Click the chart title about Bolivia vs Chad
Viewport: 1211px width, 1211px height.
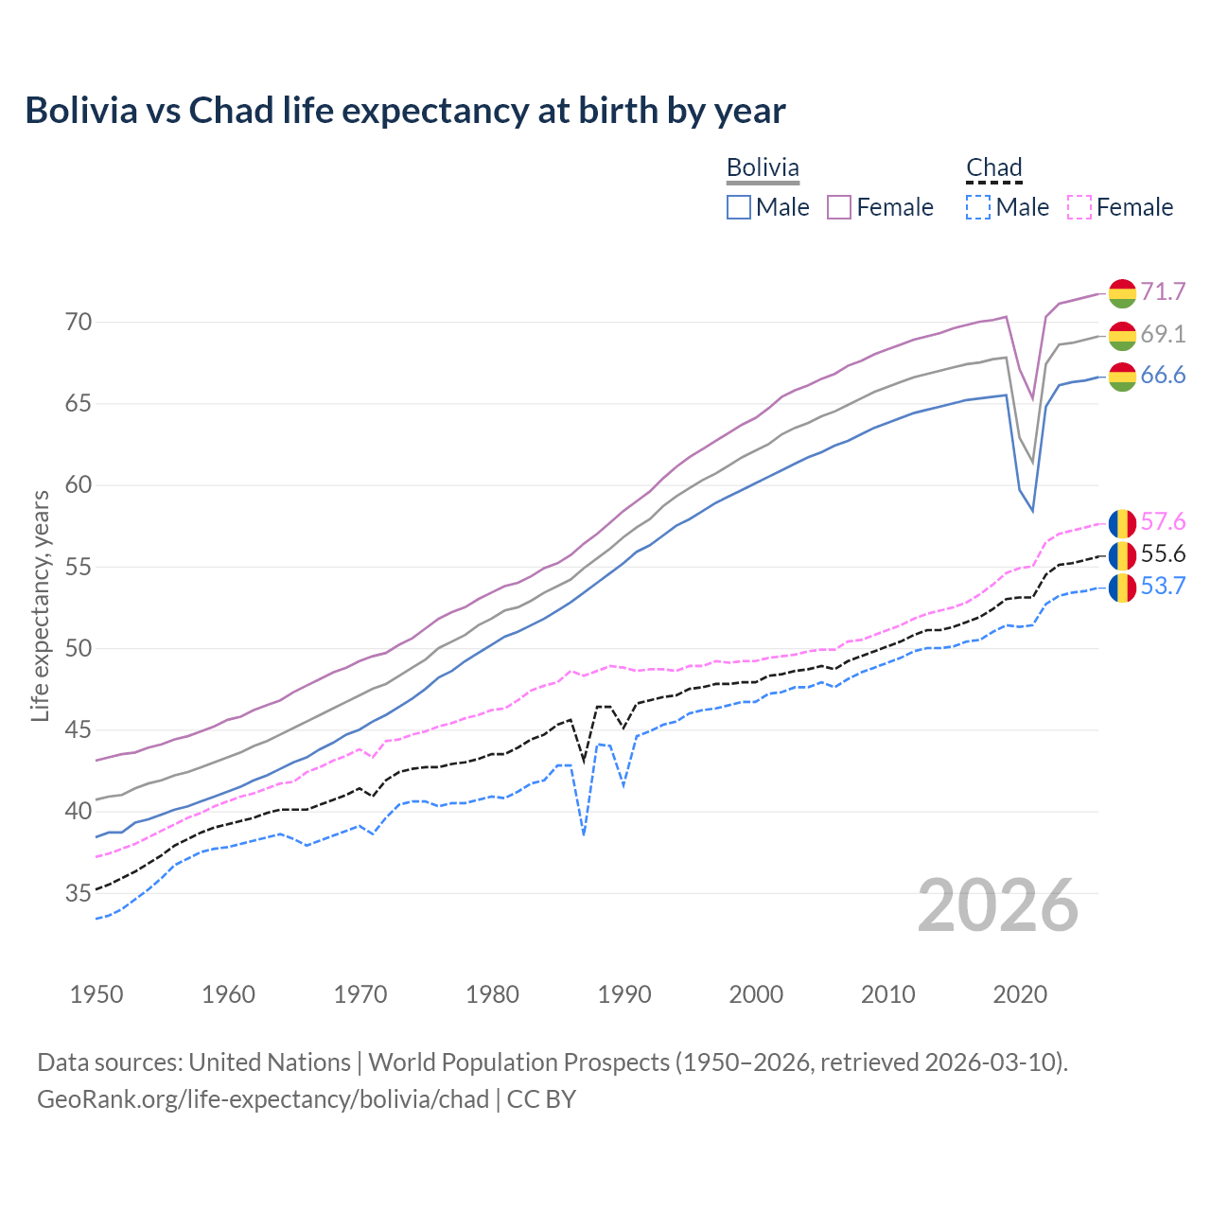coord(405,111)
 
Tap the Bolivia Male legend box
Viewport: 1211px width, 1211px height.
coord(739,207)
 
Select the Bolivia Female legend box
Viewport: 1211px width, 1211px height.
coord(839,207)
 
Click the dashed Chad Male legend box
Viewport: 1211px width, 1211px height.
coord(978,207)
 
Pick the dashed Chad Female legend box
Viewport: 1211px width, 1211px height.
coord(1079,207)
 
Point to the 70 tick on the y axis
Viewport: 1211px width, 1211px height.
coord(79,323)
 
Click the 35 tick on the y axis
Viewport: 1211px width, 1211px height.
coord(79,893)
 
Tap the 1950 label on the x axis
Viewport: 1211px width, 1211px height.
coord(97,994)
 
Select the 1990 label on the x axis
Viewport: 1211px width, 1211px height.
coord(624,994)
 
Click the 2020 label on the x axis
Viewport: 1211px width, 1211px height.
coord(1020,994)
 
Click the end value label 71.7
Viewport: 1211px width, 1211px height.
coord(1163,291)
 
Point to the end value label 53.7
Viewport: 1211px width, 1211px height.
coord(1163,587)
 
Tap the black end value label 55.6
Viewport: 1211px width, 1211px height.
coord(1163,554)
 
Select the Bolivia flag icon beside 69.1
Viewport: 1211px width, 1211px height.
coord(1122,335)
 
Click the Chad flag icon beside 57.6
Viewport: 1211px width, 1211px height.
coord(1122,522)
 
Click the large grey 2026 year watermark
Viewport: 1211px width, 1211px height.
coord(998,905)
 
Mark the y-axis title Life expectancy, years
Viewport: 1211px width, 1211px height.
coord(40,605)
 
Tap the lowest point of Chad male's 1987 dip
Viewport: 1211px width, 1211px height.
coord(584,834)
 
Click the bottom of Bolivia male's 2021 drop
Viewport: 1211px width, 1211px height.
coord(1032,511)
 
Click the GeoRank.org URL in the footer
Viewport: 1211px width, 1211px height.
coord(263,1099)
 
